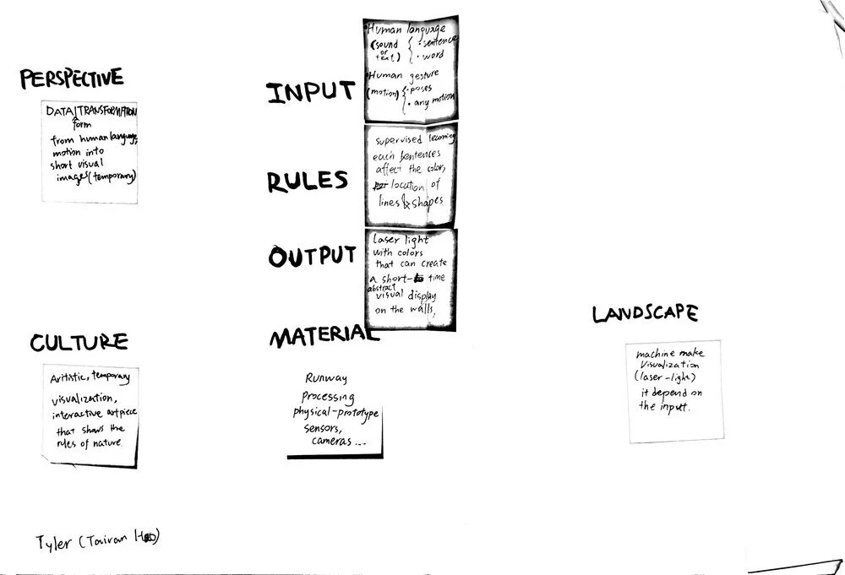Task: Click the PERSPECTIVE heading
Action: click(72, 79)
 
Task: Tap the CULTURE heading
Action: click(79, 342)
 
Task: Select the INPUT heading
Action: click(310, 93)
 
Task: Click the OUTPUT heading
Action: click(312, 257)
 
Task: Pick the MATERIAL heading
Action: click(320, 338)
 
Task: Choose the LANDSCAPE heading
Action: click(645, 314)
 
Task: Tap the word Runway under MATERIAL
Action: click(326, 379)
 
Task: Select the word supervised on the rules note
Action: click(399, 138)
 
